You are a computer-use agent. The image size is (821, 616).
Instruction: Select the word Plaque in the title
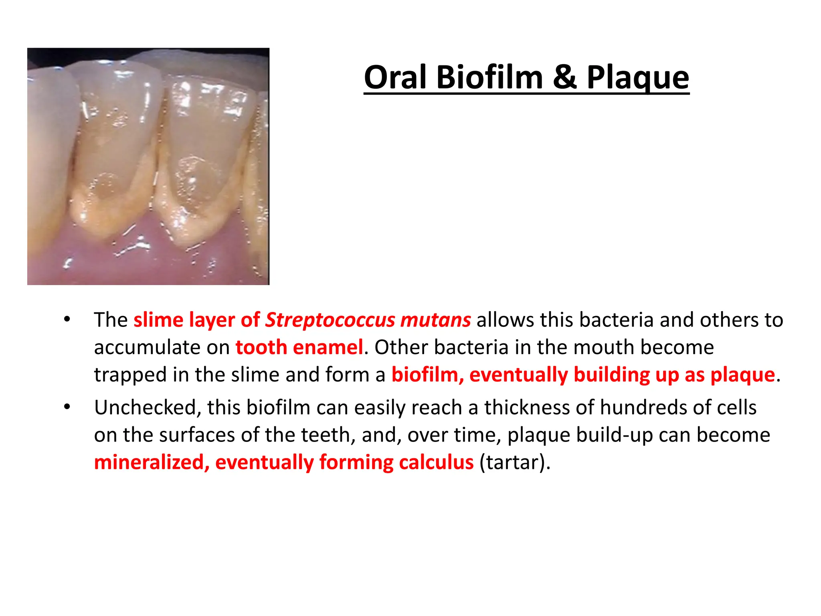coord(638,78)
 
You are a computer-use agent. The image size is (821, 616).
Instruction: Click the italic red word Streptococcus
coord(330,320)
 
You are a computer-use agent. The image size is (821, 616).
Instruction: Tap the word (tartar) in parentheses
coord(515,462)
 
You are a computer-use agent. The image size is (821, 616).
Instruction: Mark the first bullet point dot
coord(67,320)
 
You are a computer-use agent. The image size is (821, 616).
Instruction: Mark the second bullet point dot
coord(67,407)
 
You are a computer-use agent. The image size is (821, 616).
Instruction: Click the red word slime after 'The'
coord(158,320)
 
